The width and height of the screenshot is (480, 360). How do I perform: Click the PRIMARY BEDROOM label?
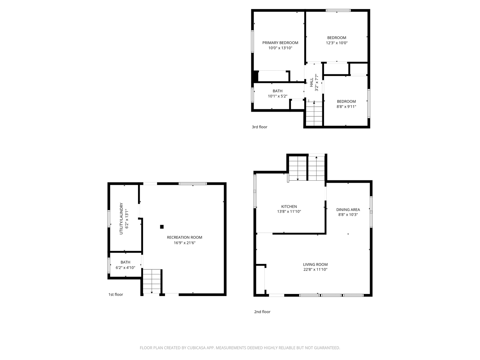tap(280, 43)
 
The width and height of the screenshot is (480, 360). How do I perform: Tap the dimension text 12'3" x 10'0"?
tap(337, 43)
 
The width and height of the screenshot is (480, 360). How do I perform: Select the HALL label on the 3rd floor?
tap(311, 82)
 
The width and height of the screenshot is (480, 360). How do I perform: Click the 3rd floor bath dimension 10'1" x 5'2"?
tap(278, 96)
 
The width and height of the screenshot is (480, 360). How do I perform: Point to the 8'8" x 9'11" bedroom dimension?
tap(346, 107)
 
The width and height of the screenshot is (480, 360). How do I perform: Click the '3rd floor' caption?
tap(260, 127)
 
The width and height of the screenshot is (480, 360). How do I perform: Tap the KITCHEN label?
tap(289, 207)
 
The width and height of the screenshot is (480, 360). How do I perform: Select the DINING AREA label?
tap(348, 210)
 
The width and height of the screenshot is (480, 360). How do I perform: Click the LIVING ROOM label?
tap(315, 264)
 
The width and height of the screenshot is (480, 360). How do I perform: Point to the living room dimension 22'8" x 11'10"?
tap(315, 270)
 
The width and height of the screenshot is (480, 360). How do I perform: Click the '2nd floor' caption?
tap(262, 312)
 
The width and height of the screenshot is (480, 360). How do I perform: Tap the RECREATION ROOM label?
tap(184, 237)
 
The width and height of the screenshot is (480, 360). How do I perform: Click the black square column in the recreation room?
tap(162, 227)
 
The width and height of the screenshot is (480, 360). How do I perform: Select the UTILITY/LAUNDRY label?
tap(121, 219)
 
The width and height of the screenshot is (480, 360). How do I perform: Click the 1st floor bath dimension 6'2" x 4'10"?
tap(125, 268)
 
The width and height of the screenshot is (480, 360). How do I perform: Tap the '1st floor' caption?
tap(116, 294)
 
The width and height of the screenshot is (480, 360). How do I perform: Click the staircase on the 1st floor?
tap(152, 281)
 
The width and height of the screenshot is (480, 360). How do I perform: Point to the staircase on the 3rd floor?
tap(314, 114)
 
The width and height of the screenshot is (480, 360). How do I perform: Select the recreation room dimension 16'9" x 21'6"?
tap(184, 243)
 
